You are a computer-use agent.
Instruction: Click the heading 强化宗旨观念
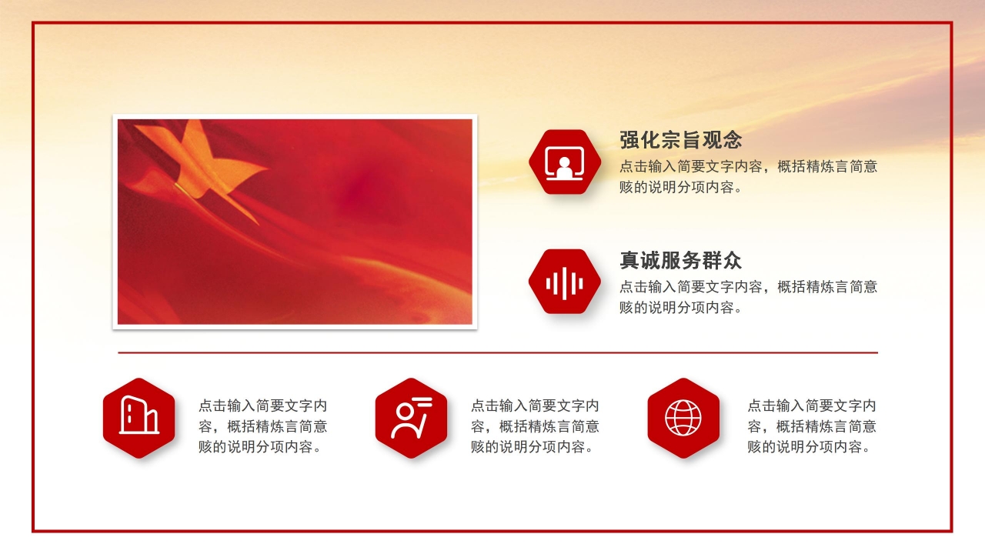(x=681, y=140)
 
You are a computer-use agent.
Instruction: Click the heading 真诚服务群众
(x=681, y=260)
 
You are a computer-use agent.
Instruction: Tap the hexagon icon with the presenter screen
(x=565, y=162)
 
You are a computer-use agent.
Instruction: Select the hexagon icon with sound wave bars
(x=565, y=282)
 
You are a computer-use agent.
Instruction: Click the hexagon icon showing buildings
(x=139, y=418)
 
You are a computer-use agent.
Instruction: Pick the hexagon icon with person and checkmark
(x=411, y=418)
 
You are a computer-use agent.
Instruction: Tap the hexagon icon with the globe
(x=683, y=418)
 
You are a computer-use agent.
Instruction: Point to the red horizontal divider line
(x=498, y=352)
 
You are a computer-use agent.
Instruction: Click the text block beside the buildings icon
(x=262, y=426)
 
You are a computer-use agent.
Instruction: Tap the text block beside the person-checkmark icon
(x=535, y=426)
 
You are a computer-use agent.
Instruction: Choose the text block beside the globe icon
(x=812, y=426)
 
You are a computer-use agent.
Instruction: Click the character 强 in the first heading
(x=629, y=140)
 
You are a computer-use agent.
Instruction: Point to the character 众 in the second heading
(x=732, y=260)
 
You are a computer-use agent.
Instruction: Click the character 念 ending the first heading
(x=732, y=140)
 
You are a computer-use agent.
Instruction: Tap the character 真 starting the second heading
(x=629, y=260)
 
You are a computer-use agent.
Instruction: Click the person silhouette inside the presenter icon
(x=565, y=168)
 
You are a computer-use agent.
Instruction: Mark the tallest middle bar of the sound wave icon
(x=565, y=282)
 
